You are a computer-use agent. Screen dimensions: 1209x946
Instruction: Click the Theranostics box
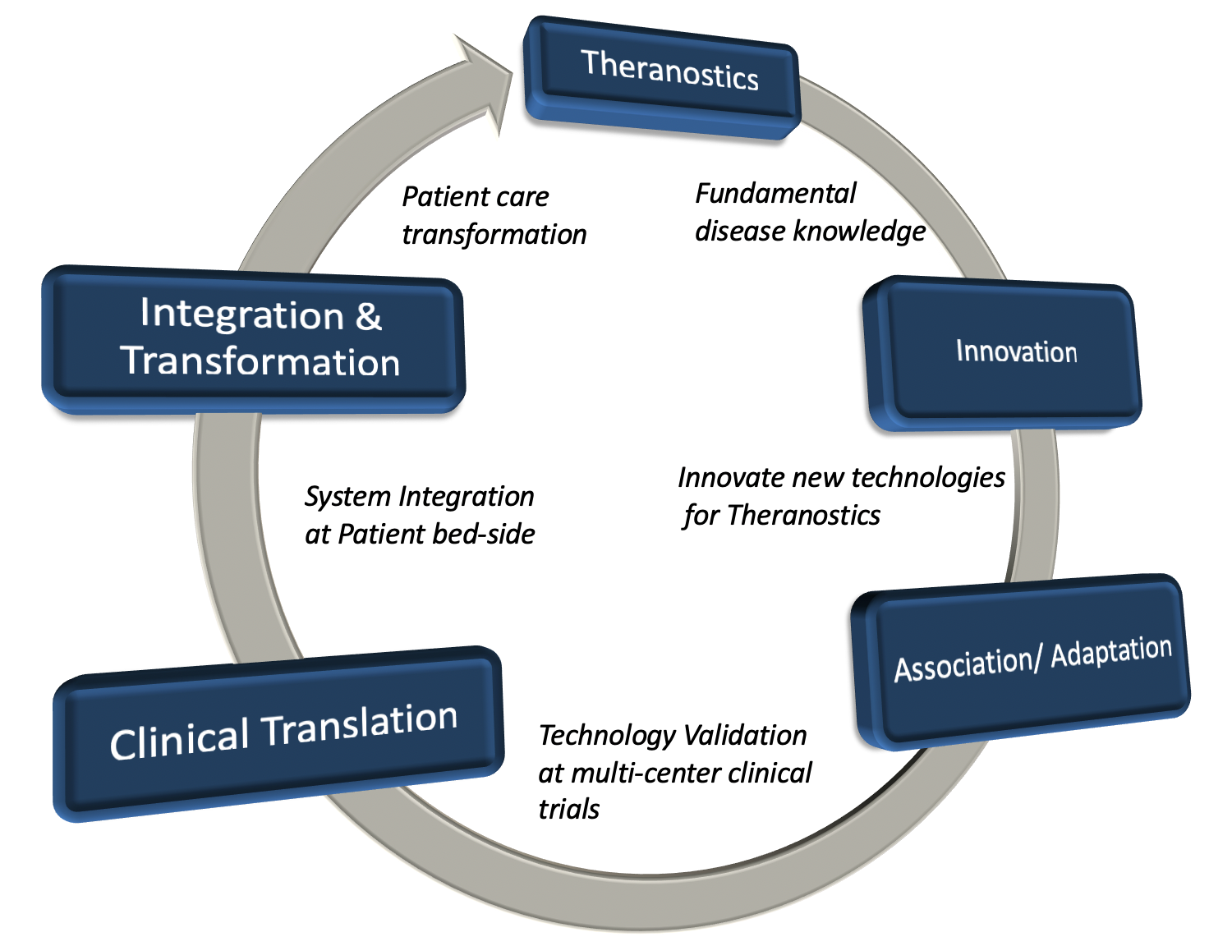(661, 77)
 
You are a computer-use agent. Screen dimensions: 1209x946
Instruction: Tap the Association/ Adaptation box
(1020, 662)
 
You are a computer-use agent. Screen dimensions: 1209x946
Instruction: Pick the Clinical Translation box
(278, 734)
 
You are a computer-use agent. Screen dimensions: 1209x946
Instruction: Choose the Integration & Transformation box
(253, 339)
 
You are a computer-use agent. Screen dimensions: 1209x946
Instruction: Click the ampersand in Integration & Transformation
(368, 315)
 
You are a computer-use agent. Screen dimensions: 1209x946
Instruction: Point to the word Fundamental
(775, 194)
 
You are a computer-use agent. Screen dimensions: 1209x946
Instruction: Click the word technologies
(928, 478)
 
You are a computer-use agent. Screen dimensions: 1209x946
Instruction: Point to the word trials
(568, 809)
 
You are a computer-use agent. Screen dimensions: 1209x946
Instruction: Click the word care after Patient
(522, 197)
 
